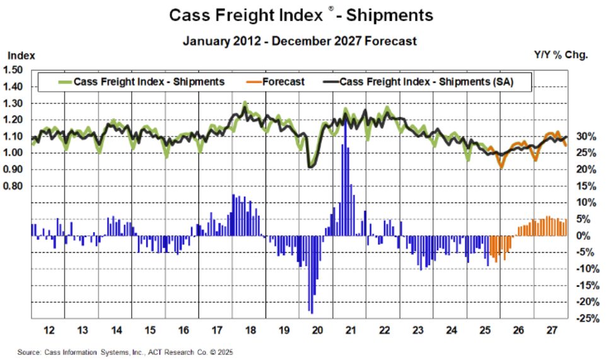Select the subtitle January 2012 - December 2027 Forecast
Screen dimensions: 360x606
point(300,41)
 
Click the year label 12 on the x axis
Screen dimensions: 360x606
point(49,330)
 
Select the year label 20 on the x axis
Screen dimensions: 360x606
point(317,330)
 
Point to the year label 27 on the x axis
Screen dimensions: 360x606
point(552,330)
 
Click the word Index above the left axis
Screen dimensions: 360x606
point(20,55)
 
